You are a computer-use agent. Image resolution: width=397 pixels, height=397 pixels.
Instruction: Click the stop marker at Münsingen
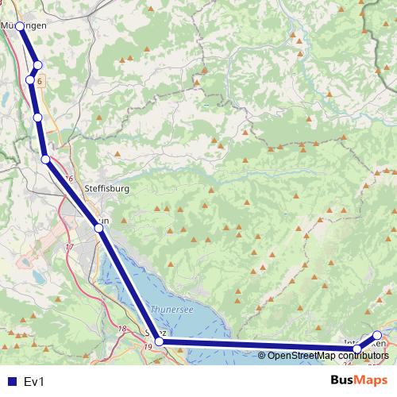(x=20, y=26)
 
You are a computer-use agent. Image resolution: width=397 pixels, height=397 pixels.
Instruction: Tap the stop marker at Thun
(x=98, y=228)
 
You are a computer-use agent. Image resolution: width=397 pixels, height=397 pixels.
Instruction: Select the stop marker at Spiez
(x=159, y=341)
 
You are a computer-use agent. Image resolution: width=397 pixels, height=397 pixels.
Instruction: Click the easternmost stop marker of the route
(x=377, y=335)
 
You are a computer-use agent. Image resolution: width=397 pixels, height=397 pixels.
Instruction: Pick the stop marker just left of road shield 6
(x=30, y=79)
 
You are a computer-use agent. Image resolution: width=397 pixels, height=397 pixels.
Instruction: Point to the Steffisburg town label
(x=106, y=189)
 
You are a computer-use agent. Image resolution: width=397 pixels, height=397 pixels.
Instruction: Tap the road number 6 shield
(x=39, y=80)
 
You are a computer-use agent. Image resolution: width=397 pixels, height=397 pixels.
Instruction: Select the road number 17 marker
(x=68, y=248)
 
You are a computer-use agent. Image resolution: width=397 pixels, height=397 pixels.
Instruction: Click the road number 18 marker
(x=122, y=329)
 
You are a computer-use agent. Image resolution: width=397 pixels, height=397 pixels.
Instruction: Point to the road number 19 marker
(x=148, y=347)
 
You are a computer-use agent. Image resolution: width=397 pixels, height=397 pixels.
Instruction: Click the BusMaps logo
(x=358, y=380)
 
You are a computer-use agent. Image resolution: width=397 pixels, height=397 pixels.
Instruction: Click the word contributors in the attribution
(x=361, y=355)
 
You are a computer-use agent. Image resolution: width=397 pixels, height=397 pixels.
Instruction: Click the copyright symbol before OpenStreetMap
(x=262, y=355)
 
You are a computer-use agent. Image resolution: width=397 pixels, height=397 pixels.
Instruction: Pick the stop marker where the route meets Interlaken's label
(x=357, y=348)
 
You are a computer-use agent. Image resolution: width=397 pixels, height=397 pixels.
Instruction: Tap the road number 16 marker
(x=70, y=179)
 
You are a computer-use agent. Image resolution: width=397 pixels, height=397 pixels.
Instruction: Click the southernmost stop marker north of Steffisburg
(x=46, y=160)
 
